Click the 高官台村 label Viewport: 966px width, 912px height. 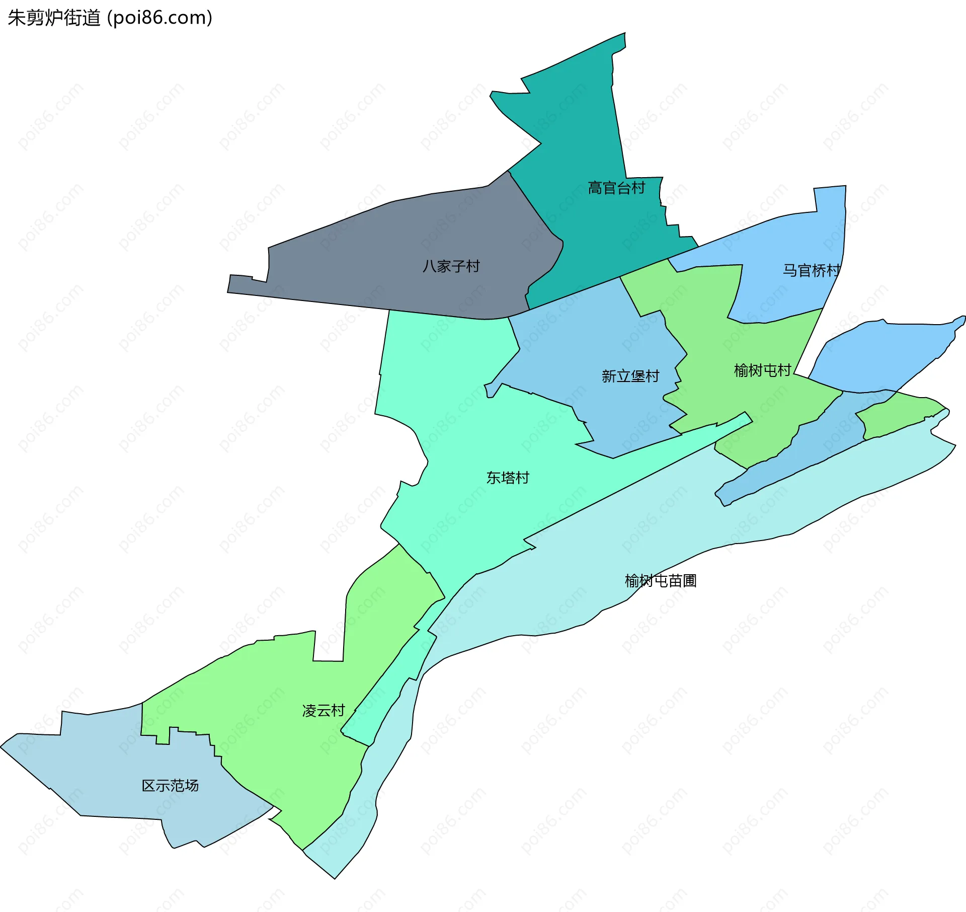pos(616,188)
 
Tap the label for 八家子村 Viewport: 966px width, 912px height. pos(451,266)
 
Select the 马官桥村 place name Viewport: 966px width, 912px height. pos(811,271)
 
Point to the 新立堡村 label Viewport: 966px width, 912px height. pos(630,376)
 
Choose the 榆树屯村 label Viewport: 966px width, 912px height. pos(762,370)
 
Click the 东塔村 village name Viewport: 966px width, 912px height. pos(508,478)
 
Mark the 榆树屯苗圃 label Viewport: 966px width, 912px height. pos(660,581)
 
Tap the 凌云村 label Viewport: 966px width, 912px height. pos(324,711)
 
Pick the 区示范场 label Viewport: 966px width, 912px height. pos(170,786)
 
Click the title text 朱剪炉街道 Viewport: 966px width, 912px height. pos(54,18)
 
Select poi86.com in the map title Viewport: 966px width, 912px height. pos(160,18)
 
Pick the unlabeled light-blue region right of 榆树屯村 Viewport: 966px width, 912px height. pos(886,352)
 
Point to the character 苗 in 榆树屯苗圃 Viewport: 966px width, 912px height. pos(675,581)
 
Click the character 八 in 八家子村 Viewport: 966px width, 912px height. pos(429,266)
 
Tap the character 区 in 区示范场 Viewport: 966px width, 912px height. pos(148,786)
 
